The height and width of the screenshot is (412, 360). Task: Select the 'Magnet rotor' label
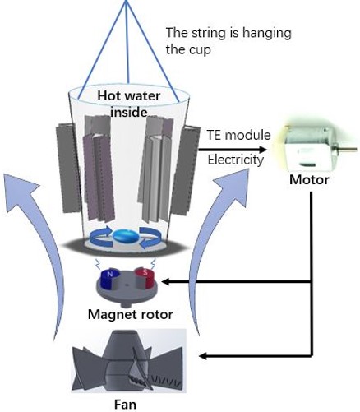click(131, 314)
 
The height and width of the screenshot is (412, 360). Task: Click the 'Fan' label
click(125, 405)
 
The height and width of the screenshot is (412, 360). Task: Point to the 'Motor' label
click(309, 180)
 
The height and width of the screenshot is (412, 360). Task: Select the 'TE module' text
click(238, 135)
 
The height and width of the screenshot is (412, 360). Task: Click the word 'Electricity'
click(236, 160)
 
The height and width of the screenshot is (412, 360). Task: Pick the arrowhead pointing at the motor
click(262, 150)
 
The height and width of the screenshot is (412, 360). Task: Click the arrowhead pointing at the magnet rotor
click(167, 281)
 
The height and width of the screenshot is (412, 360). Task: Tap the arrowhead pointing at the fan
click(205, 356)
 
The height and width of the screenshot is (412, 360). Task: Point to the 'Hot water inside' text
click(129, 104)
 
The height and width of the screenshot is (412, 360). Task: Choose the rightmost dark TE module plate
click(187, 169)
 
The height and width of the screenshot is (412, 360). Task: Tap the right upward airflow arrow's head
click(232, 187)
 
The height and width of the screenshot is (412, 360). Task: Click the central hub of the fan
click(124, 362)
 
